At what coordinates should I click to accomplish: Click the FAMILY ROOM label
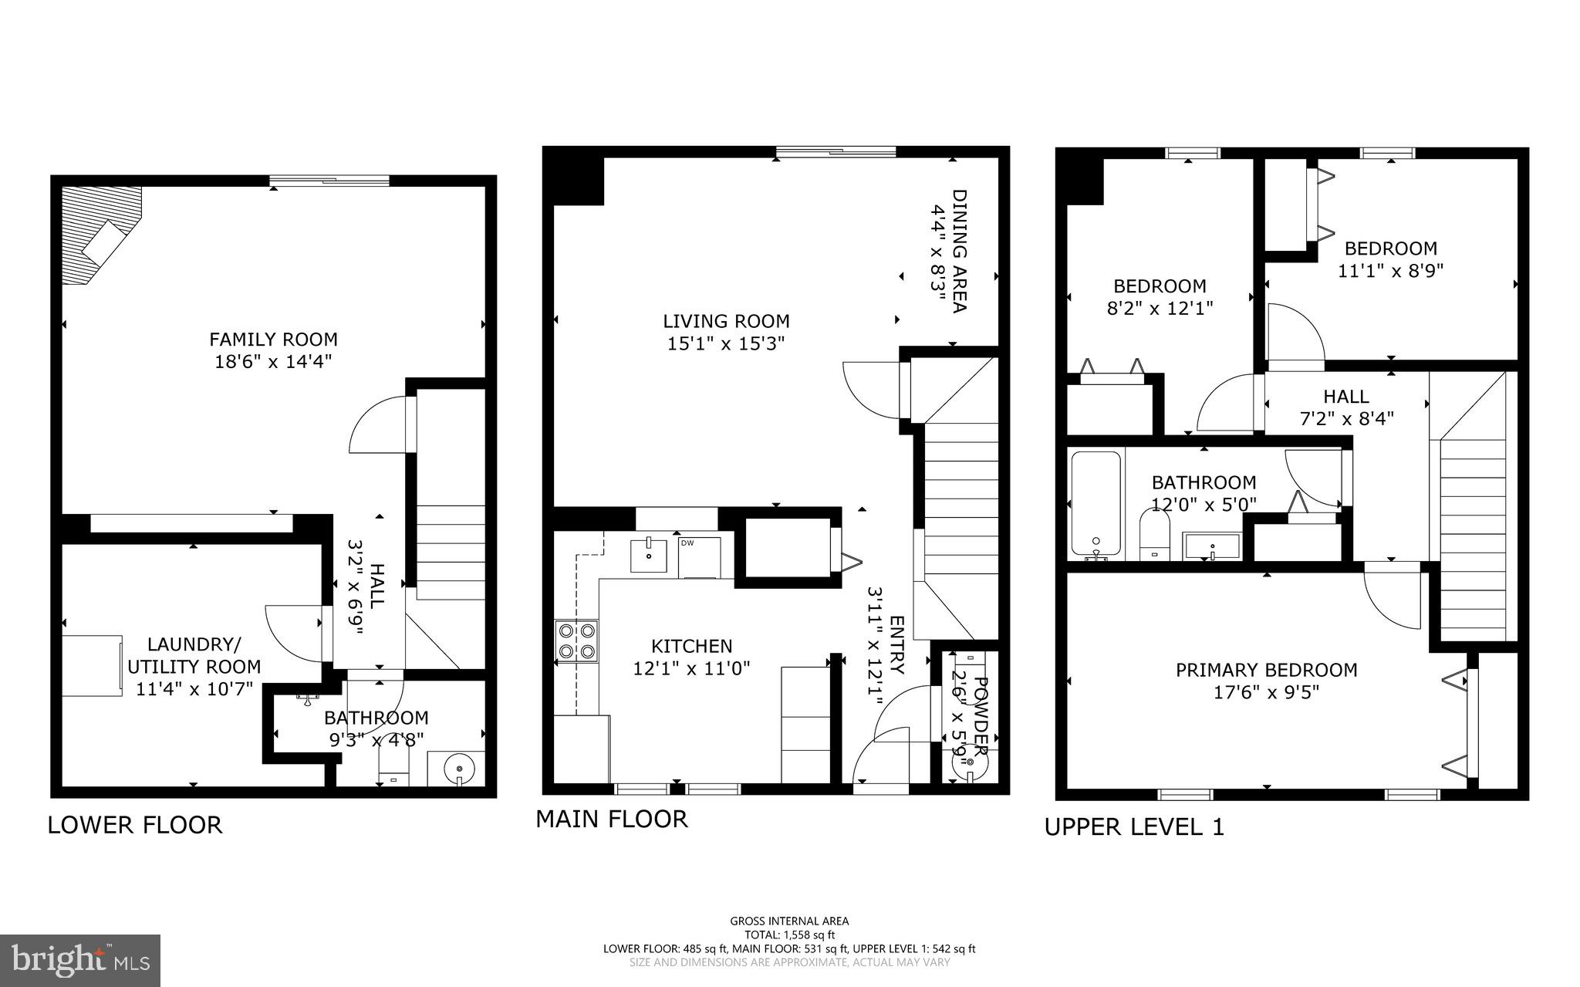(x=273, y=340)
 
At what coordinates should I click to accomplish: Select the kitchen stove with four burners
(x=576, y=641)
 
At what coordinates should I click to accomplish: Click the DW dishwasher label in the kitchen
(x=687, y=543)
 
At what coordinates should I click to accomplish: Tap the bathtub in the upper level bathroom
(x=1096, y=504)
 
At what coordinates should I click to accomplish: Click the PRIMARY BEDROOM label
(x=1266, y=671)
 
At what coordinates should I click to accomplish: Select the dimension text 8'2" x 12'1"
(x=1160, y=308)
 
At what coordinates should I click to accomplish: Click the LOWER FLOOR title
(x=135, y=825)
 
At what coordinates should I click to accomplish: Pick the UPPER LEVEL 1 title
(x=1134, y=827)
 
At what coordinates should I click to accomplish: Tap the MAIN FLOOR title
(x=612, y=819)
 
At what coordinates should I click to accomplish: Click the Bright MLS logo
(x=80, y=959)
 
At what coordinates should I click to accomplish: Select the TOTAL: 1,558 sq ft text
(x=789, y=935)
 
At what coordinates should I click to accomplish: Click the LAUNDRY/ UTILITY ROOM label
(x=194, y=656)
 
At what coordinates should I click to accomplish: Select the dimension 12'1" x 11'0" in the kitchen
(x=691, y=668)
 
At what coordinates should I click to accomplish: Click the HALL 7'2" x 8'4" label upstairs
(x=1346, y=407)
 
